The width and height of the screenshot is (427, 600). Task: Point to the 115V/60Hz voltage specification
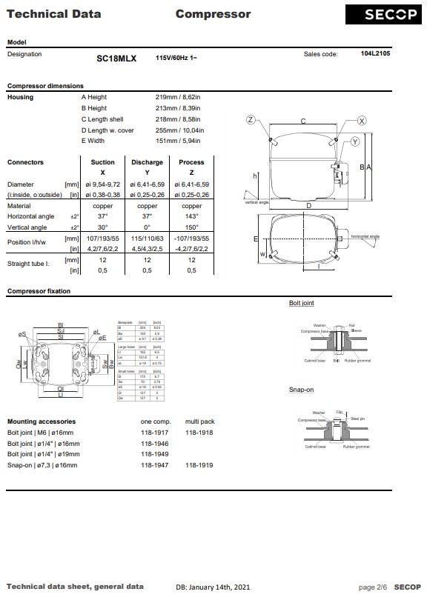click(176, 58)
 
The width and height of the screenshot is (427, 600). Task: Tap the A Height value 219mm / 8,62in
click(179, 97)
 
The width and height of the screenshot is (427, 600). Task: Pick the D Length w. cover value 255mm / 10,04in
click(180, 130)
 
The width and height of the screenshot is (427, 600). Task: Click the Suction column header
click(102, 162)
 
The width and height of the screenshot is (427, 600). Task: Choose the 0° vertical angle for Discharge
click(147, 227)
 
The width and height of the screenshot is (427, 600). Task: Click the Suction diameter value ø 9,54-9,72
click(102, 184)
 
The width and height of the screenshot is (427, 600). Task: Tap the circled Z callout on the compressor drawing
click(251, 120)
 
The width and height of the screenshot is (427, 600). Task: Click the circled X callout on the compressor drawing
click(362, 120)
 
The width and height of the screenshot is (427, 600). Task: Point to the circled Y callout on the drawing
click(355, 141)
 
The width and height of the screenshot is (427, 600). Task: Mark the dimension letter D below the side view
click(308, 205)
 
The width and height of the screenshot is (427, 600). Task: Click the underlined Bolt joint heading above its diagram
click(301, 303)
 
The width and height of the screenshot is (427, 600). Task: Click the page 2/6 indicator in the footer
click(372, 587)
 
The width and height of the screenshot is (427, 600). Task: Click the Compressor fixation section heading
click(39, 291)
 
